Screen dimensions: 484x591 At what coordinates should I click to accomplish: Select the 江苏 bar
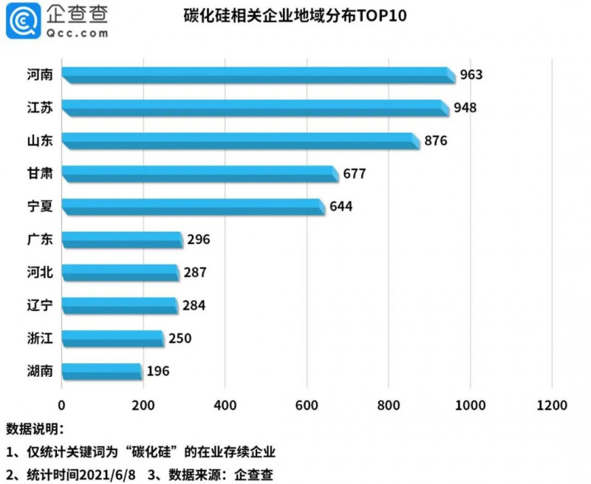255,107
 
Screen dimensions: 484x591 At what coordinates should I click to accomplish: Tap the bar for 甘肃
200,173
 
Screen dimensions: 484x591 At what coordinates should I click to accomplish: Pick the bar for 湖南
102,370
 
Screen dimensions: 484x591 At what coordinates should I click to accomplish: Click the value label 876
436,140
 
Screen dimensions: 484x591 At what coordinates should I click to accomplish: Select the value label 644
341,206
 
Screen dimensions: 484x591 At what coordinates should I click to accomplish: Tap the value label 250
180,338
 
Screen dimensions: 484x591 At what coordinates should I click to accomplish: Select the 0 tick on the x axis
62,405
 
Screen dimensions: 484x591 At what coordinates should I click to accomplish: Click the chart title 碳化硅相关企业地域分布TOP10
295,16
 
